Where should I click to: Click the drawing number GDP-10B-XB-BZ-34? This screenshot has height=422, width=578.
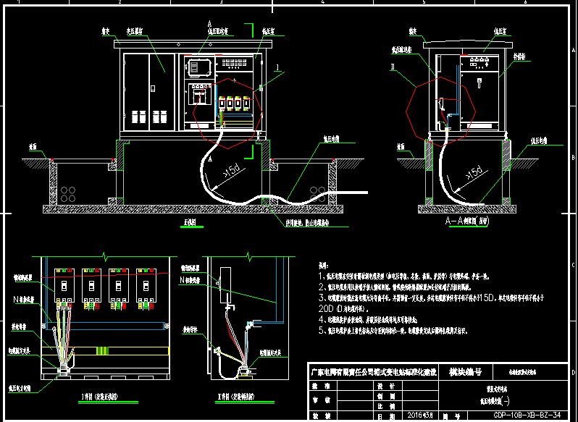527,415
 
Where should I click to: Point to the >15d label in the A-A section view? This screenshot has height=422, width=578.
474,174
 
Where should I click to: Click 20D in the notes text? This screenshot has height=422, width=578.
329,308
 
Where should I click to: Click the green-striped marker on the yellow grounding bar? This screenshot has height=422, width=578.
104,351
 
